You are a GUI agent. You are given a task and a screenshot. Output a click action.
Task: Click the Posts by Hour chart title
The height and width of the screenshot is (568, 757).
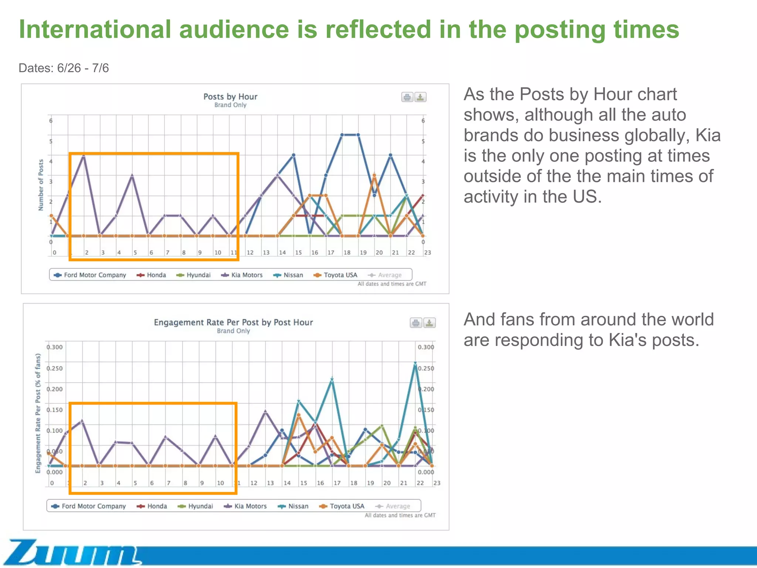tap(230, 97)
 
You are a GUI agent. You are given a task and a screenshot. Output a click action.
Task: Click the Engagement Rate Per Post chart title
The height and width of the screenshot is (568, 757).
tap(233, 322)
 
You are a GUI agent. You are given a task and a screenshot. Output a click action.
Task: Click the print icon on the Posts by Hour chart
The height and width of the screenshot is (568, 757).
tap(407, 97)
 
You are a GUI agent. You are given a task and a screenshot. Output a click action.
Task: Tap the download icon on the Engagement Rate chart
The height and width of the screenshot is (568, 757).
tap(429, 323)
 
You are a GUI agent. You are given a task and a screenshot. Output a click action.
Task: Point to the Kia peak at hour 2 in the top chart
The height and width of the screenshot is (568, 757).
tap(84, 156)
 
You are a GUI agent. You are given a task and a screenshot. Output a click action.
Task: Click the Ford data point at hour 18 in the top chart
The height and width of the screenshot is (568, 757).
tap(342, 135)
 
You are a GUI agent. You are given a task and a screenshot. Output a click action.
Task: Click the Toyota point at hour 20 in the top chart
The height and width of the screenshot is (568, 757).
tap(374, 175)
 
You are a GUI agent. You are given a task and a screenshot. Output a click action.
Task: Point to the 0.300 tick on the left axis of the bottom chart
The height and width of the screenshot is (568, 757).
tap(54, 347)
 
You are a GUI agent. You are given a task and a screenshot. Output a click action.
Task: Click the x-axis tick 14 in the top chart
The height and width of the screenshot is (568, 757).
tap(282, 253)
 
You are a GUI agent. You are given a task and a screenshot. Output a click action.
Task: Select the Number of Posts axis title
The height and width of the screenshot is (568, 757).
tap(41, 185)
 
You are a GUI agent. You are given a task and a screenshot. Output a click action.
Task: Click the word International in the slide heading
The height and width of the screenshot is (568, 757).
tap(95, 30)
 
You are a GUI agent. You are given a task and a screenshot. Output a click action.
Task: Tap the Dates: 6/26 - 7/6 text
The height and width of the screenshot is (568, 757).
tap(64, 68)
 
